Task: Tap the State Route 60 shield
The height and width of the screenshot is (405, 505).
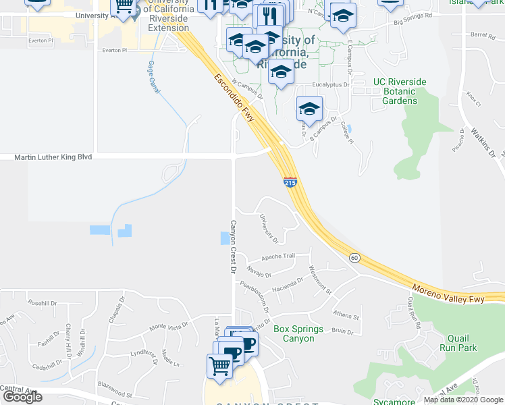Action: pos(354,258)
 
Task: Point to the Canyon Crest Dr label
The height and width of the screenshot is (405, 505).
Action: pos(232,246)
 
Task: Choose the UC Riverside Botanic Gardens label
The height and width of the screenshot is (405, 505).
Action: pos(400,92)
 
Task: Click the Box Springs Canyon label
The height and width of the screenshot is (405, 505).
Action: pos(298,333)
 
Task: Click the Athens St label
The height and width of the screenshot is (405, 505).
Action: pos(346,315)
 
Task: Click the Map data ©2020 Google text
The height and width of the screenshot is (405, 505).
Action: pos(464,400)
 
